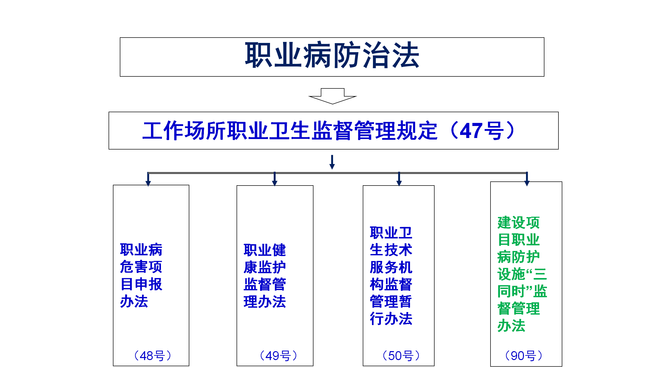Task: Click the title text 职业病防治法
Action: pyautogui.click(x=332, y=55)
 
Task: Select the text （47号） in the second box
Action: pyautogui.click(x=482, y=130)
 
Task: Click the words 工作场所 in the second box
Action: pyautogui.click(x=185, y=130)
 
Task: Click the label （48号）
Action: pyautogui.click(x=153, y=356)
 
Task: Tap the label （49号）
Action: pyautogui.click(x=278, y=356)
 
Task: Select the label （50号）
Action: pyautogui.click(x=401, y=356)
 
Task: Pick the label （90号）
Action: pyautogui.click(x=524, y=356)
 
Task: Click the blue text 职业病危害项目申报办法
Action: pyautogui.click(x=141, y=275)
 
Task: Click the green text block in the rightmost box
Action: pyautogui.click(x=522, y=274)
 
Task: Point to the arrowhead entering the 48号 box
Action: pyautogui.click(x=148, y=183)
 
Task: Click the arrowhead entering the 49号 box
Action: pyautogui.click(x=275, y=183)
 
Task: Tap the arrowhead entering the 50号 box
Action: pyautogui.click(x=399, y=183)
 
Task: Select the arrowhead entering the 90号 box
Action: pyautogui.click(x=527, y=183)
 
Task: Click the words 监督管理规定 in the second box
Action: pyautogui.click(x=374, y=130)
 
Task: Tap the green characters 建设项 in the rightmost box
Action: pyautogui.click(x=519, y=223)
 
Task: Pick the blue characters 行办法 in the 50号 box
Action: pyautogui.click(x=391, y=319)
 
